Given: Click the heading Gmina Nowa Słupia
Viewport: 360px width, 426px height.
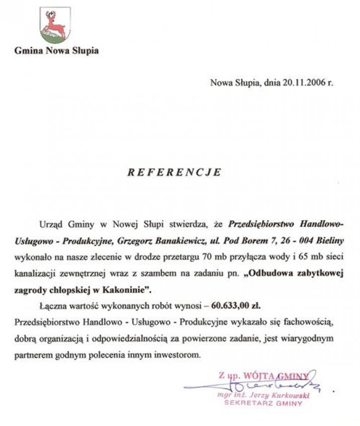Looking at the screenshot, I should (x=56, y=50).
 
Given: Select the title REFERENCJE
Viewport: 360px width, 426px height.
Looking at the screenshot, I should (x=174, y=172).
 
